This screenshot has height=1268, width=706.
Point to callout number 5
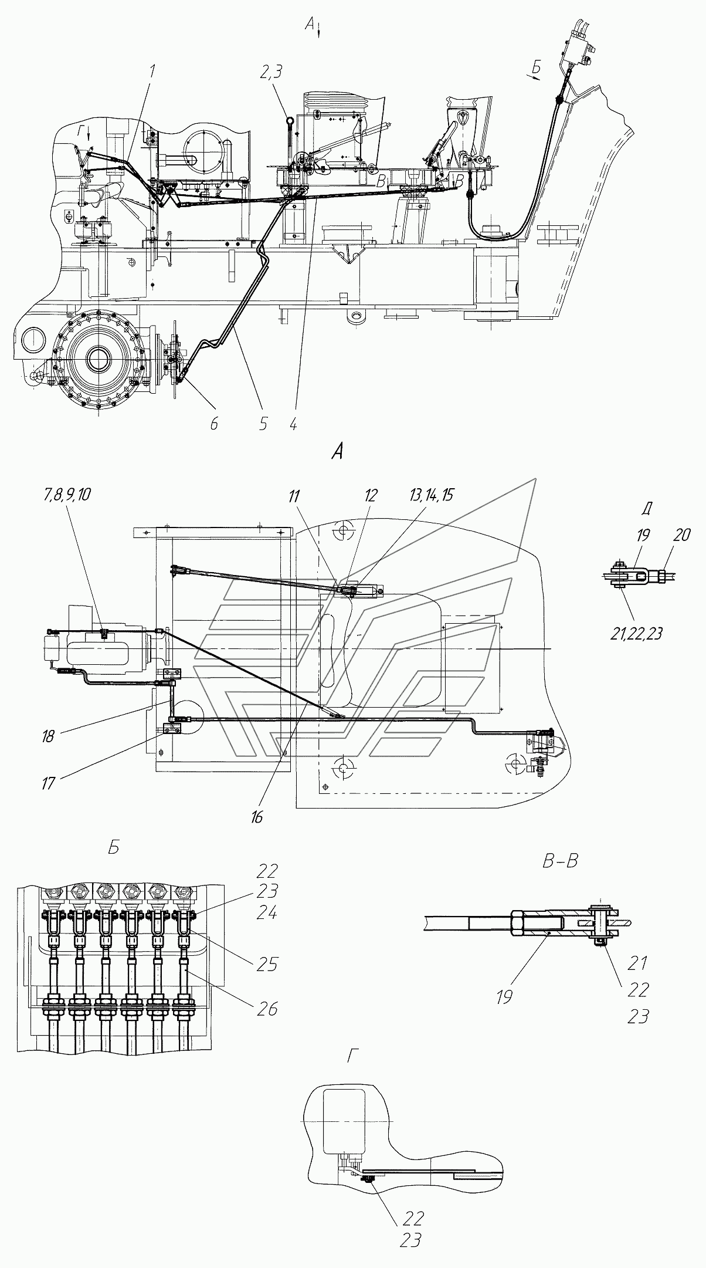(x=263, y=423)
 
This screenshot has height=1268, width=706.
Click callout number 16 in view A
(x=257, y=817)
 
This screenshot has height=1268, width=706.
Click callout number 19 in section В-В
(x=504, y=996)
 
